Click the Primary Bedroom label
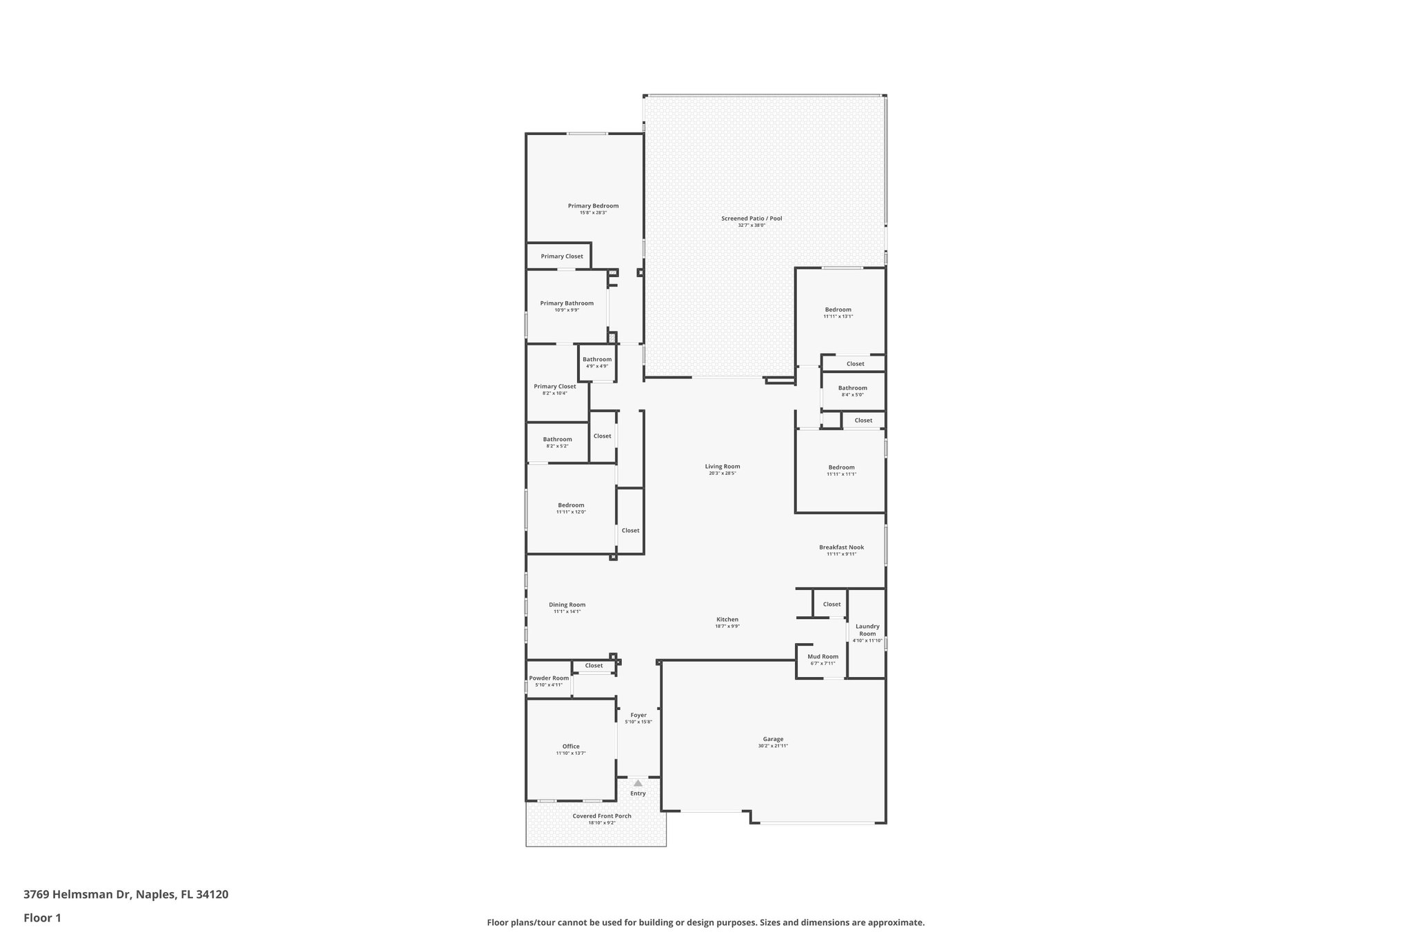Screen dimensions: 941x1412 [593, 205]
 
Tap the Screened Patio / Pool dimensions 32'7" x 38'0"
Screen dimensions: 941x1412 [752, 225]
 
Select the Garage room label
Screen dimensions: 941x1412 [773, 739]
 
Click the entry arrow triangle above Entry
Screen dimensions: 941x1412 [638, 783]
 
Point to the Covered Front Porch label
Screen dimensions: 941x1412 [601, 816]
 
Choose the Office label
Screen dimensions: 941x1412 [570, 747]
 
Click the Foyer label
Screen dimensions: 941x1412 [638, 715]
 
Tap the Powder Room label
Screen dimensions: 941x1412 [549, 678]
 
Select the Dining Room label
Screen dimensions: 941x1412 [567, 605]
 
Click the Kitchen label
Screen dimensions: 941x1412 [727, 620]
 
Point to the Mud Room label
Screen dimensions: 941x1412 [823, 657]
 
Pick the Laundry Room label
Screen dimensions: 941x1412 [867, 630]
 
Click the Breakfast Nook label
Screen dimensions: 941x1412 [841, 547]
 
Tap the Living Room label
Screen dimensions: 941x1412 [722, 467]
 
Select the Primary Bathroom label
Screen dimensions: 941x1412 [567, 303]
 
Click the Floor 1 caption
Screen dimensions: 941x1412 [42, 918]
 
